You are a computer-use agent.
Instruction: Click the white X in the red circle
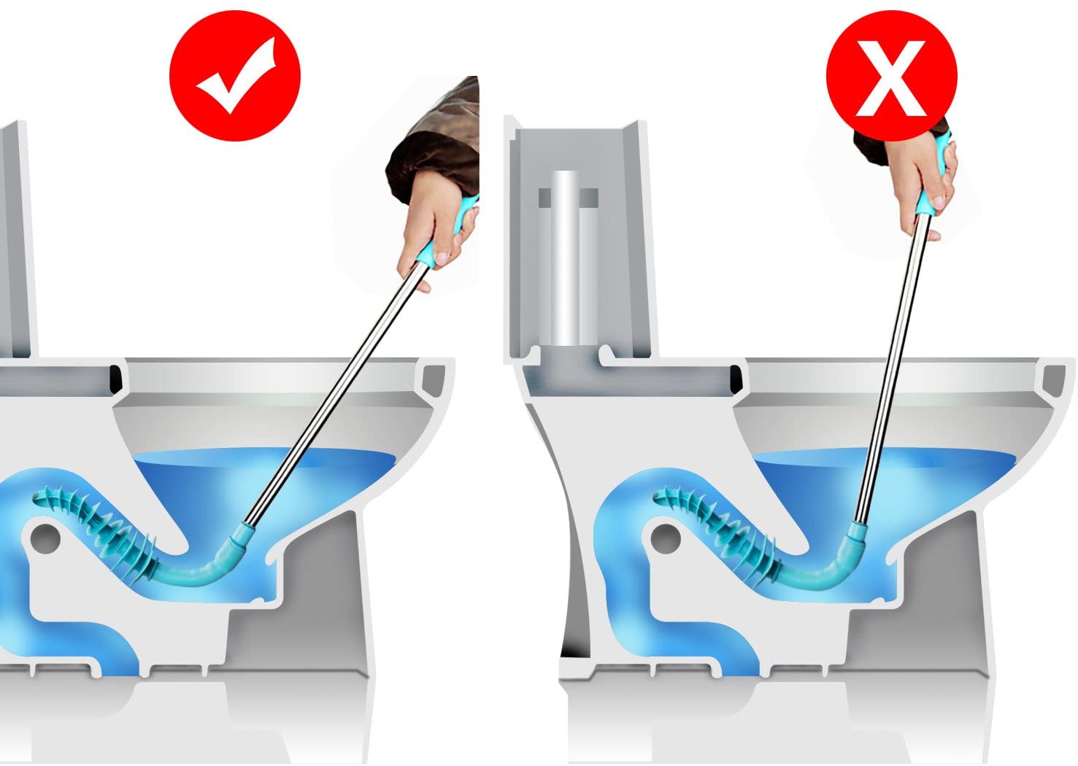pyautogui.click(x=890, y=77)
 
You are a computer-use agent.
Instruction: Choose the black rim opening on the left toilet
pyautogui.click(x=115, y=378)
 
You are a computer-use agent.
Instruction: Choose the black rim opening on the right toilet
pyautogui.click(x=736, y=378)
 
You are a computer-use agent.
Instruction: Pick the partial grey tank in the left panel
pyautogui.click(x=16, y=241)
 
